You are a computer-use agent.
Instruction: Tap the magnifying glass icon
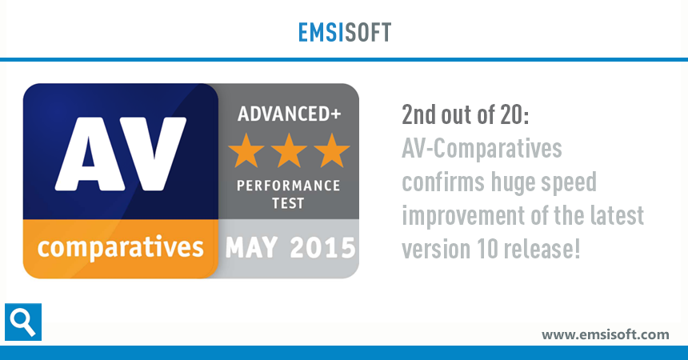(22, 322)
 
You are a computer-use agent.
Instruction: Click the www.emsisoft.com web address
(605, 334)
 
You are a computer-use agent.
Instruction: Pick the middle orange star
(288, 150)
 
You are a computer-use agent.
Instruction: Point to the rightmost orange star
(330, 150)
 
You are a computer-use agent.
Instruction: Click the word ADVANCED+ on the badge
(289, 113)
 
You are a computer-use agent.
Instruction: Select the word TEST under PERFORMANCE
(289, 203)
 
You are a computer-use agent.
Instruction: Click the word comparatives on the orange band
(120, 246)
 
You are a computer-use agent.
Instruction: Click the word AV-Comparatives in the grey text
(481, 150)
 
